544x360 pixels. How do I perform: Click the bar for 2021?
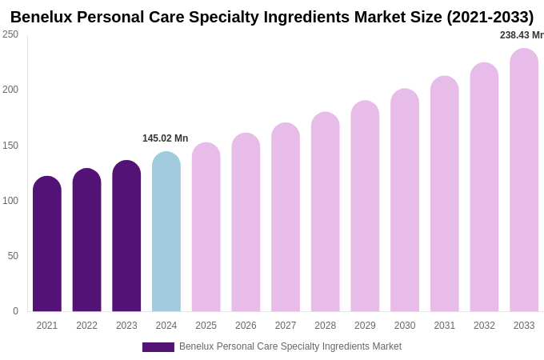[x=47, y=244]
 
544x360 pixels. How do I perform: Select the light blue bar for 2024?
[x=166, y=232]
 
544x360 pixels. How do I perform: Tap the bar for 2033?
[x=524, y=180]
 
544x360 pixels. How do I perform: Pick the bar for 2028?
[x=326, y=212]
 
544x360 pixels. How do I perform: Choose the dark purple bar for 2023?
[x=126, y=236]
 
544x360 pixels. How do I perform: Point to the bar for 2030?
[x=405, y=200]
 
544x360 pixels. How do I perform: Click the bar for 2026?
[x=246, y=222]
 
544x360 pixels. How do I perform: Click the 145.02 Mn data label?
[x=166, y=138]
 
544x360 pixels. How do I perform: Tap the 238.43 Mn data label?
[x=521, y=35]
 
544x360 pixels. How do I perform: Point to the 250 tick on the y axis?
[x=10, y=34]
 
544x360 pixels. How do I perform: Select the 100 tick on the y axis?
[x=10, y=201]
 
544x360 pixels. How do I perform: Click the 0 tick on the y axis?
[x=15, y=311]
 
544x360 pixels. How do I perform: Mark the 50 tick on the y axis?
[x=13, y=256]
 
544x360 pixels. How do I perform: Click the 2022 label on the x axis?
[x=86, y=326]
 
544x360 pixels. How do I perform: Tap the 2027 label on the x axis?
[x=286, y=326]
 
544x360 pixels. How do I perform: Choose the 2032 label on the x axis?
[x=484, y=326]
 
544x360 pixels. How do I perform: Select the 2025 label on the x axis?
[x=206, y=326]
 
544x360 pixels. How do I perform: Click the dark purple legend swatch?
[x=158, y=347]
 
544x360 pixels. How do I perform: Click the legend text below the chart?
[x=290, y=346]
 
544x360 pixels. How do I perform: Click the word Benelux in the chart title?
[x=43, y=17]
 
